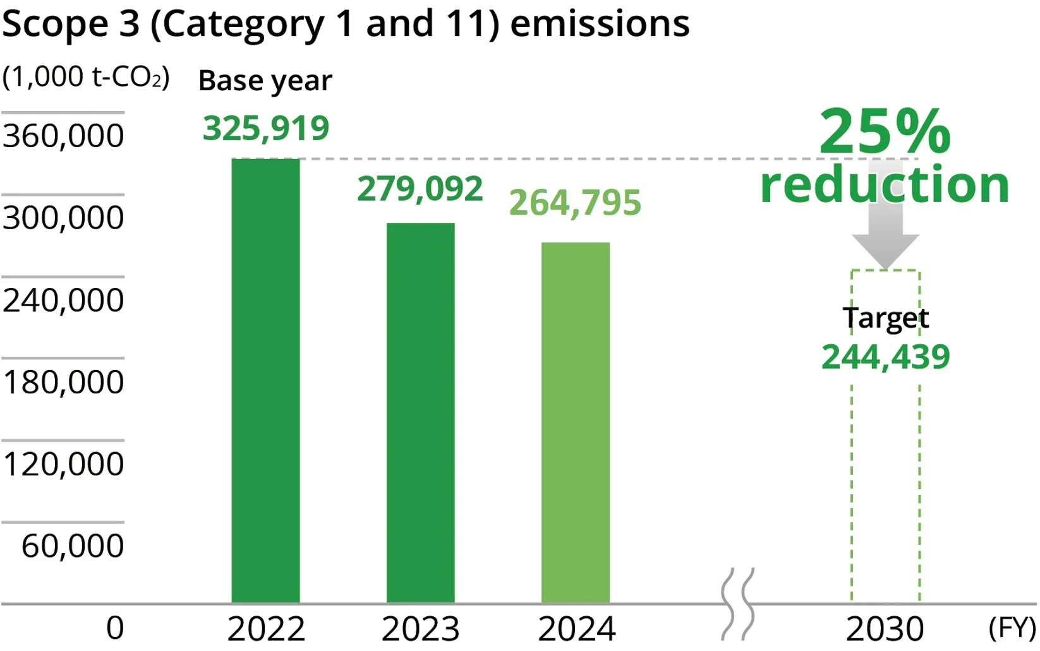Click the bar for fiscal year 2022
coord(265,381)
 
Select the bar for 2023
coord(421,413)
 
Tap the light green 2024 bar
coord(576,422)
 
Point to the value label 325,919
coord(266,129)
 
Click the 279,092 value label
coord(420,189)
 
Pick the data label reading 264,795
coord(575,203)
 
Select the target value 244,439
coord(885,357)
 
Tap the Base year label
coord(265,81)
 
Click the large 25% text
coord(885,131)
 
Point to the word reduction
coord(885,184)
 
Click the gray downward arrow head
coord(885,251)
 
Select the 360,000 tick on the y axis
coord(63,136)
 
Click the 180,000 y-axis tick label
coord(63,382)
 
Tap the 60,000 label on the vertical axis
coord(73,546)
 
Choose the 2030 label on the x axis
coord(885,629)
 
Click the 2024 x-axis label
coord(577,629)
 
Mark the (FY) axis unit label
coord(1013,628)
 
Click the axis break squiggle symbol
coord(737,604)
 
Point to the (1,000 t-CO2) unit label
coord(86,76)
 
